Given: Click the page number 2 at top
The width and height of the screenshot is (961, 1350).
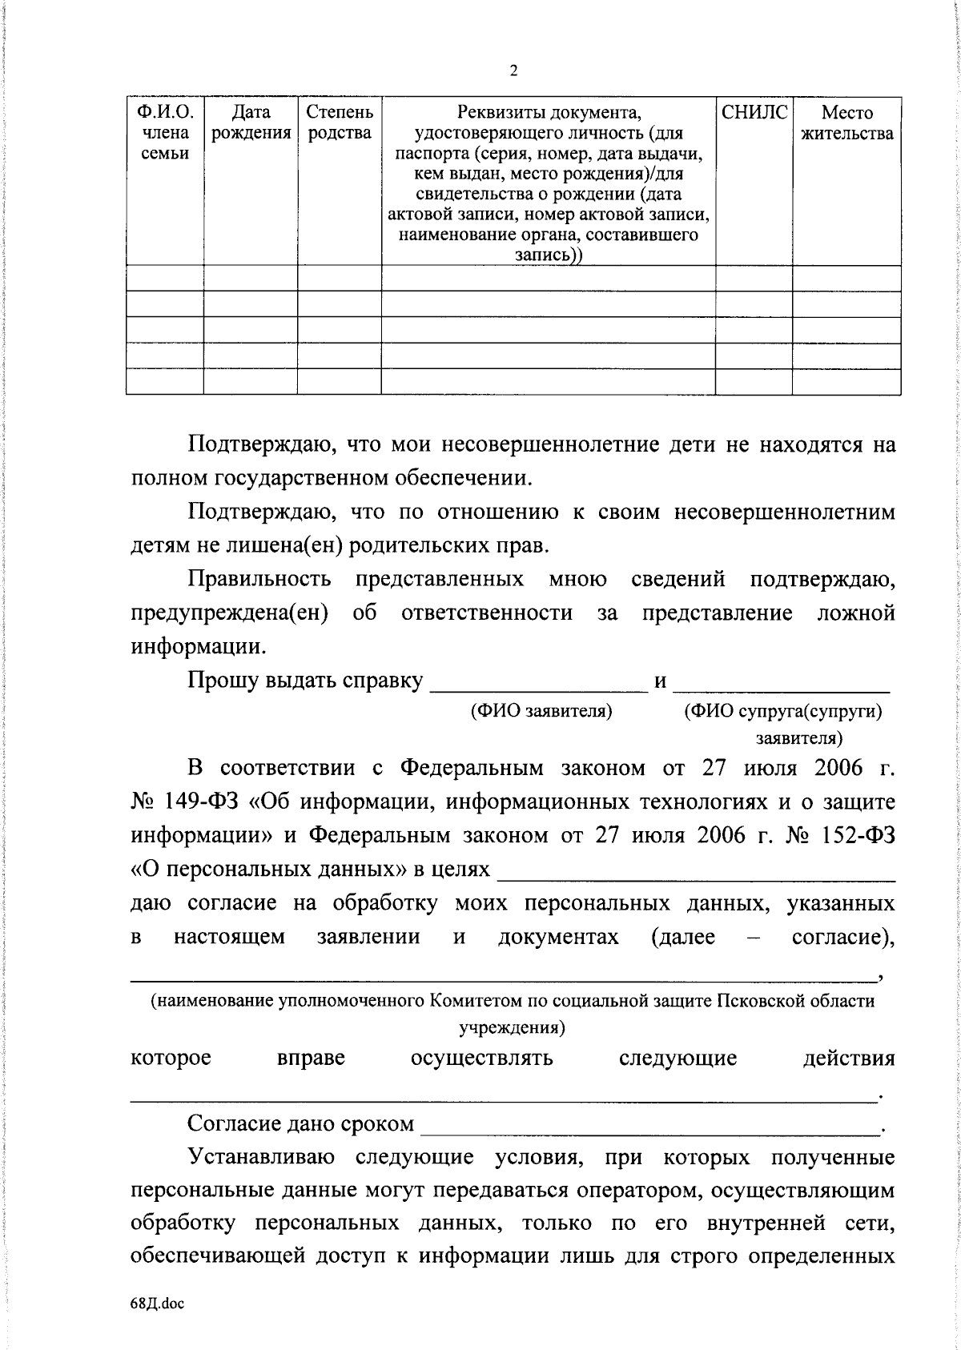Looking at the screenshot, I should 513,71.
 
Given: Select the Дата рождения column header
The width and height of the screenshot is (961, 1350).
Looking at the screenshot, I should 251,123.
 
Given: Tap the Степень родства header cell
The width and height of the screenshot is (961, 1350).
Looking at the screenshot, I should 340,123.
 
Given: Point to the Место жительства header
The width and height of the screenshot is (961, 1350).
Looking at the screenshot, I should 847,123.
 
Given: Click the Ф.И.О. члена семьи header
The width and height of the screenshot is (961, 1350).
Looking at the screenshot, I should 165,133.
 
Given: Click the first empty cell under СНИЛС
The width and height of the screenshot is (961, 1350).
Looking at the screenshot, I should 754,279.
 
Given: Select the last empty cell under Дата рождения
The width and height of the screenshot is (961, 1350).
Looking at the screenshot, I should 251,381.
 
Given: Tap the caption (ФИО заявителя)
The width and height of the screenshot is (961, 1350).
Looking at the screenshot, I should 541,711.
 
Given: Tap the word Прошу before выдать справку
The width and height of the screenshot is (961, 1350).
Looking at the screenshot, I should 219,681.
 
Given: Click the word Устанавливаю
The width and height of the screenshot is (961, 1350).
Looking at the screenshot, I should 259,1158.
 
